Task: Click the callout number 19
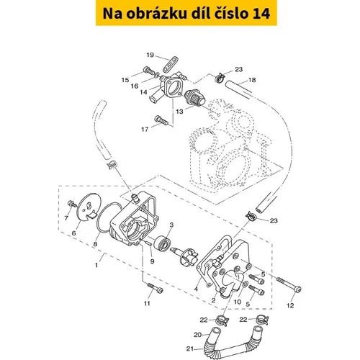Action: pos(150,55)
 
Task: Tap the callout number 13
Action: pos(179,112)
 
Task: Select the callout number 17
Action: pos(145,130)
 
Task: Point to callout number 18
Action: pos(252,80)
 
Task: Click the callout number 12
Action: pos(290,305)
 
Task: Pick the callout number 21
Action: pos(190,348)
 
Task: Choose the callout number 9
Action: pos(152,261)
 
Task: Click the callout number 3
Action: pos(171,225)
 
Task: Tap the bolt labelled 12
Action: pos(289,284)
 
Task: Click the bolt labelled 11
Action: pos(155,287)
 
